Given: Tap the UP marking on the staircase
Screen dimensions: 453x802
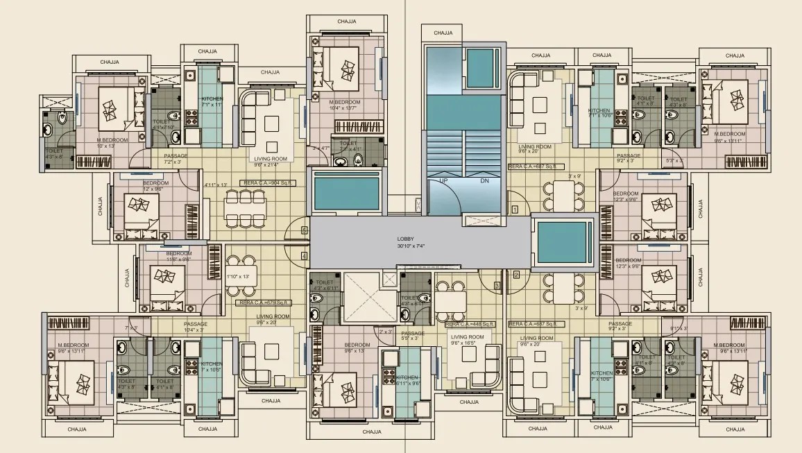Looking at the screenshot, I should point(443,180).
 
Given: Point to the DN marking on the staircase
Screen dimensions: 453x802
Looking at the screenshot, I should point(484,180).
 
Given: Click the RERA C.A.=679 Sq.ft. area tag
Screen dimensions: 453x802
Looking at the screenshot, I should point(264,302).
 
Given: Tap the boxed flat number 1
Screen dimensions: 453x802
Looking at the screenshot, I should point(515,209).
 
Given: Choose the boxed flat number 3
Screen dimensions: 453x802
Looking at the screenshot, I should point(497,285).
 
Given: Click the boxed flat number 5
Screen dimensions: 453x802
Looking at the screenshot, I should point(304,230).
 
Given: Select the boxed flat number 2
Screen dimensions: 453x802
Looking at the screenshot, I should point(516,274).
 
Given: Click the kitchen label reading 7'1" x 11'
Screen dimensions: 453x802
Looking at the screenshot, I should point(212,104).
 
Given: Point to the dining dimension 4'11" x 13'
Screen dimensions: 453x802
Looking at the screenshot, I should point(216,185).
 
